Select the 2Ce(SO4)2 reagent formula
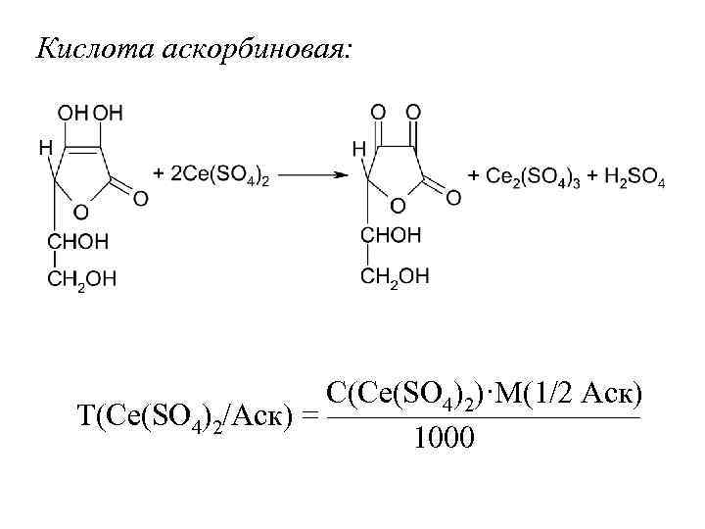pos(211,176)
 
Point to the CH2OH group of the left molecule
pos(82,279)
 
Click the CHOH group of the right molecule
pos(391,235)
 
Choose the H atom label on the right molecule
pos(358,149)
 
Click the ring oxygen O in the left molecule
pos(80,211)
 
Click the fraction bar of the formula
pos(480,416)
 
